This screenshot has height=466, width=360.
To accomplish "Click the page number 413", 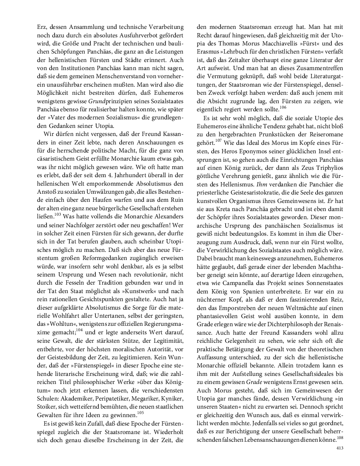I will click(340, 448).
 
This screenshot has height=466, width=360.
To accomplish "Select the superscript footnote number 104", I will click(79, 330).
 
